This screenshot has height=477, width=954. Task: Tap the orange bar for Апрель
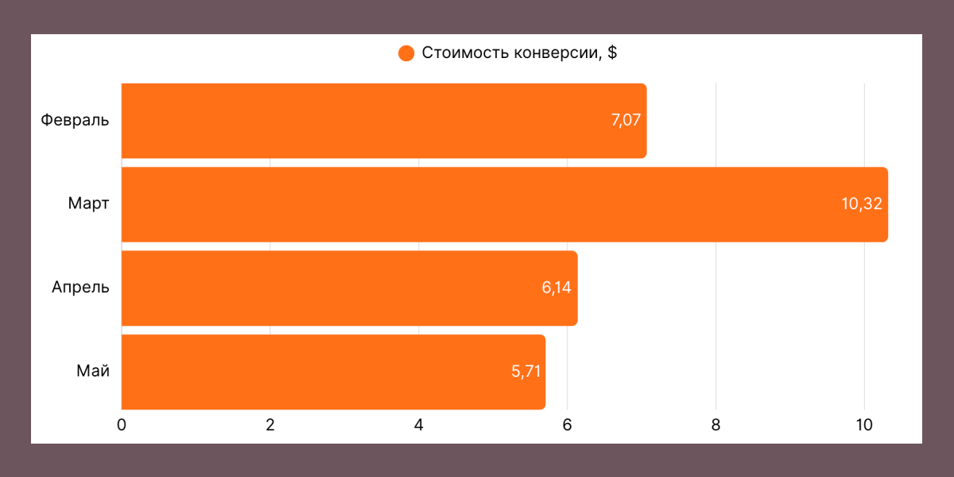pos(349,288)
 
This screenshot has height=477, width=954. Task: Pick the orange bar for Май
pos(333,371)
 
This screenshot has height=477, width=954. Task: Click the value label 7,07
pos(626,121)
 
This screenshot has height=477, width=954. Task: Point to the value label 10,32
pos(862,204)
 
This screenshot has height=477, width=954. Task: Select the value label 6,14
pos(557,288)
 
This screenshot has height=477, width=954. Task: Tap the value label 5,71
pos(526,371)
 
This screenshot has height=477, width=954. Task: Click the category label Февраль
pos(76,121)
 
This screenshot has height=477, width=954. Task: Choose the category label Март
pos(89,204)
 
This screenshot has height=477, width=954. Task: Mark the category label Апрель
pos(80,288)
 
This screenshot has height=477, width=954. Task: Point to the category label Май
pos(93,371)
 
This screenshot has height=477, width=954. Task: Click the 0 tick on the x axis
pos(122,425)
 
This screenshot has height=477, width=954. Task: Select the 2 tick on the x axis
pos(270,425)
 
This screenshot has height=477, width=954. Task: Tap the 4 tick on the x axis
pos(419,425)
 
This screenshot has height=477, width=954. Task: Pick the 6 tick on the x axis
pos(568,425)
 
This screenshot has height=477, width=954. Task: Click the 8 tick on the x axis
pos(716,425)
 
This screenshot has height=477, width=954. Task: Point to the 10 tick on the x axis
pos(864,425)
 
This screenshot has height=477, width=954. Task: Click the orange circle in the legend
pos(406,54)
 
